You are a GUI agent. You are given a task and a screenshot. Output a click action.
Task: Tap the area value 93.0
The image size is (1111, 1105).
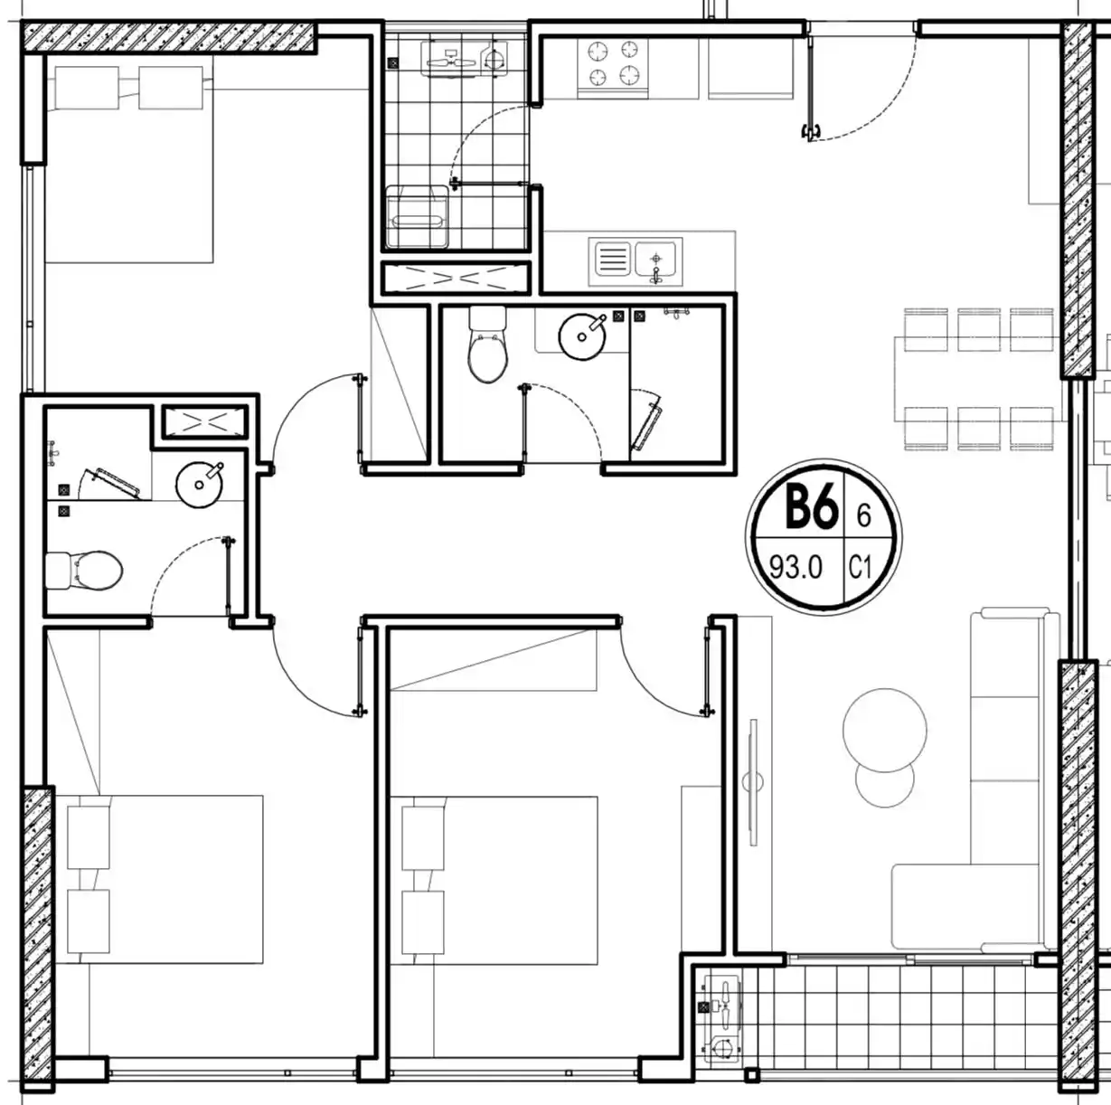[796, 569]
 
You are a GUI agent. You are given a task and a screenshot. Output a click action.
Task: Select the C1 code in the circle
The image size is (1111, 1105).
[860, 569]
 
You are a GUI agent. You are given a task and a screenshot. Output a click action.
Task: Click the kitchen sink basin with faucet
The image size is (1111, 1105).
[656, 260]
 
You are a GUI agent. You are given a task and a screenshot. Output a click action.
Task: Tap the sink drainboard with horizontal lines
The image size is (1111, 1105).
[612, 259]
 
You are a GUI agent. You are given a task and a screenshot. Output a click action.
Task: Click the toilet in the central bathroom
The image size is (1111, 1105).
[488, 344]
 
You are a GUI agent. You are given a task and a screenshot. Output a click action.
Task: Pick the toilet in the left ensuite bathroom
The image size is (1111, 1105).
[84, 571]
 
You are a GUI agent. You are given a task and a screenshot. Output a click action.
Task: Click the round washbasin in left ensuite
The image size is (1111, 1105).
[200, 485]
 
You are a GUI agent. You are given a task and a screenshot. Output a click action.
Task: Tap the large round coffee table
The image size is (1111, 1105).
[885, 730]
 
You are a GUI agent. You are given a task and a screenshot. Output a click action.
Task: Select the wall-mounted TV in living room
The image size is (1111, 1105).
[753, 782]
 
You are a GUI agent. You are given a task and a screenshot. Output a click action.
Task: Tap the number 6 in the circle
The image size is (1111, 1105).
[863, 515]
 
